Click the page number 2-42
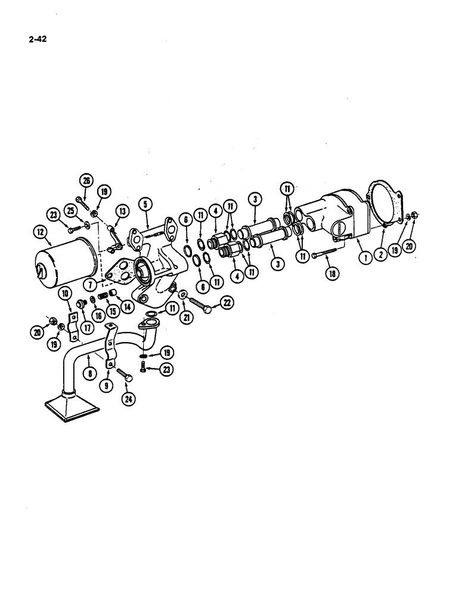click(x=38, y=40)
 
